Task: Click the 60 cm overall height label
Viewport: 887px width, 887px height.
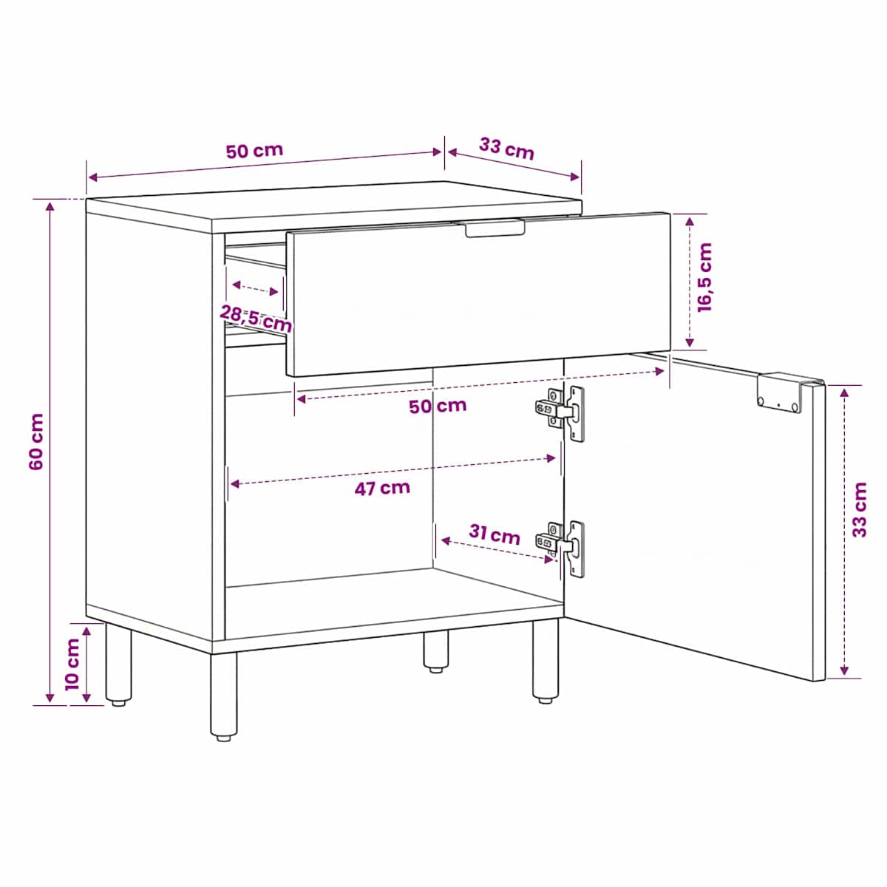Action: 36,441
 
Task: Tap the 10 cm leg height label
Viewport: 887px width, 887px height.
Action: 72,664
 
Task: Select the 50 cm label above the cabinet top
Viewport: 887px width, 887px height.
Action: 254,151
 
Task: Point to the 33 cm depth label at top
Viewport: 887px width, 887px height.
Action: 506,149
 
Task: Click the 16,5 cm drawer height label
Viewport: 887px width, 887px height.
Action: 704,277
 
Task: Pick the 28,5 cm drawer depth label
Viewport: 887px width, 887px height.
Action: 256,319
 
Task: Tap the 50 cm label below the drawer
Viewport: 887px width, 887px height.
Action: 438,406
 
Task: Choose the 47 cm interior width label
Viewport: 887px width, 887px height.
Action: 382,488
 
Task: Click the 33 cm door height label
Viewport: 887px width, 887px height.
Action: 859,509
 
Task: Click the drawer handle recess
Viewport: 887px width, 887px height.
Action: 495,228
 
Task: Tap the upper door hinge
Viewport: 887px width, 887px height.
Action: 560,413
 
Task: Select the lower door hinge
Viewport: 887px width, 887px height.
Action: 560,548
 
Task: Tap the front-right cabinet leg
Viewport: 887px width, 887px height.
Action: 546,660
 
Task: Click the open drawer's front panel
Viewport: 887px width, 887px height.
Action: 478,295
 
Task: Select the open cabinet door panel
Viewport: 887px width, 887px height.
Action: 694,515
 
